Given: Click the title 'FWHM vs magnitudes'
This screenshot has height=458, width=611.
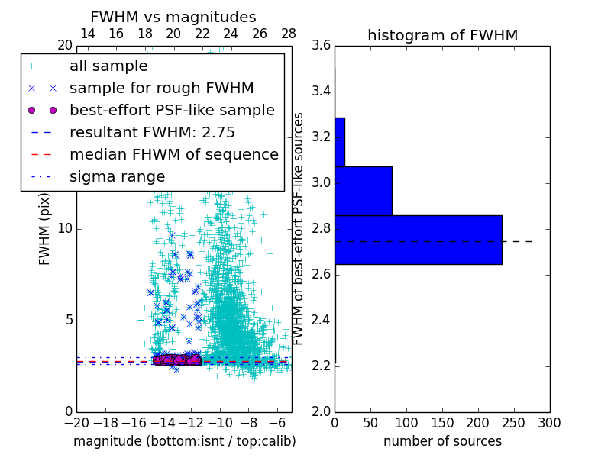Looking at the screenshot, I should click(x=173, y=17).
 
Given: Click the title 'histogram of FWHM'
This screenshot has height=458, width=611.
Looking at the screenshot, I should click(x=442, y=35).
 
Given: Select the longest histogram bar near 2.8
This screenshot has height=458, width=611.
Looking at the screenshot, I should click(x=418, y=240).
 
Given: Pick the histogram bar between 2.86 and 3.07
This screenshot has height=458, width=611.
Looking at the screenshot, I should click(x=363, y=191).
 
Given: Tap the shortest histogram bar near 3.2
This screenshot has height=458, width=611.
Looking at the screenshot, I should click(x=339, y=142).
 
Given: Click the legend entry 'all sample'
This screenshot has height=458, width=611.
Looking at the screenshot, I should click(x=108, y=66).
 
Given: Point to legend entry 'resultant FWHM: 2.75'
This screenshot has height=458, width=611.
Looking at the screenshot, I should click(x=152, y=133).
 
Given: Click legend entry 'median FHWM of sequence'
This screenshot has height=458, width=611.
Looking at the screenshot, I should click(x=173, y=155).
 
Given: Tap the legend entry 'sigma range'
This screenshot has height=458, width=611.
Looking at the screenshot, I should click(x=117, y=177).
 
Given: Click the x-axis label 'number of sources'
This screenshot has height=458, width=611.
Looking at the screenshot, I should click(x=442, y=441).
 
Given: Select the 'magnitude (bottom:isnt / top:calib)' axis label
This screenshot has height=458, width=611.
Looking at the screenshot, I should click(x=184, y=441).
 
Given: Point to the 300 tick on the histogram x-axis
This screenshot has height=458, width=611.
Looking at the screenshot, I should click(x=550, y=422).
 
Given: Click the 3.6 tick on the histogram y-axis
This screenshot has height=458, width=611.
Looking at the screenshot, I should click(x=321, y=46).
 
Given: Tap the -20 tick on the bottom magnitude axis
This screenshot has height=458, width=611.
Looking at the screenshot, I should click(x=76, y=422).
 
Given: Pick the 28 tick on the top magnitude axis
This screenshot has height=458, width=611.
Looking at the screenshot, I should click(x=289, y=34).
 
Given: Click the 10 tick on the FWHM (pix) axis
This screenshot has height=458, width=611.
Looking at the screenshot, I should click(x=65, y=229).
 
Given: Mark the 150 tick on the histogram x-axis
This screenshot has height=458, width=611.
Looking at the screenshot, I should click(x=442, y=422).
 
